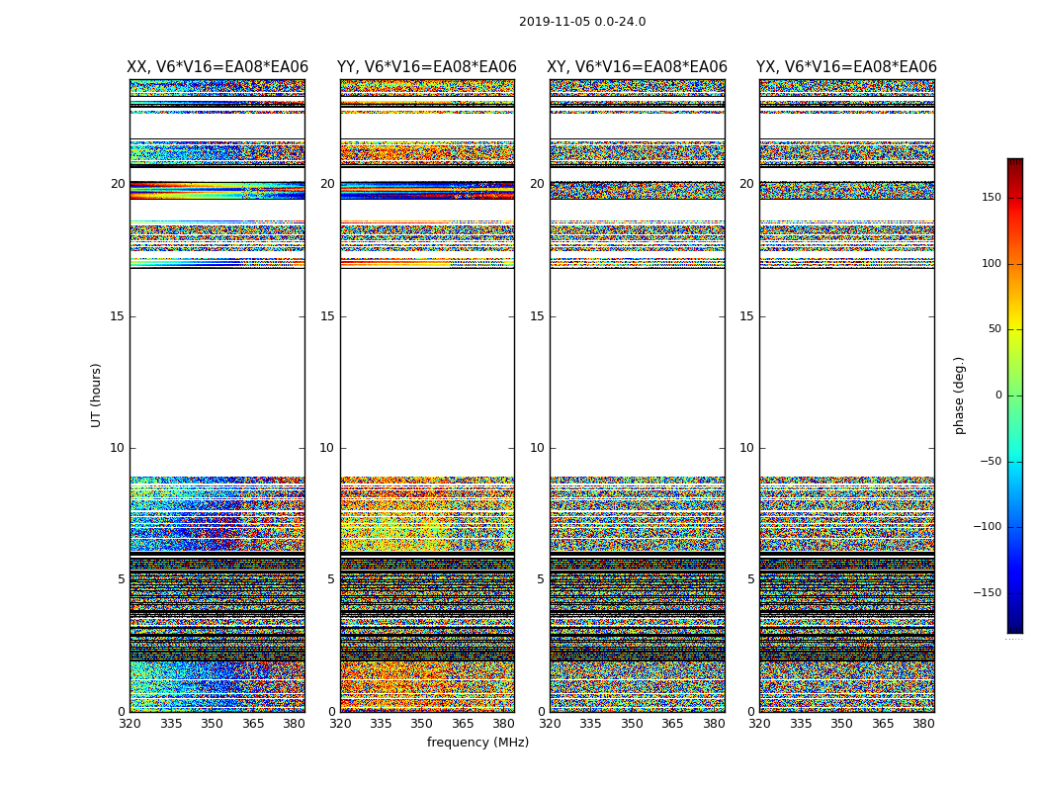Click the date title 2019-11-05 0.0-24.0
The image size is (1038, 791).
(582, 22)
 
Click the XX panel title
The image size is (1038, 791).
(216, 67)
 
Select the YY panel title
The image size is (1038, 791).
(426, 67)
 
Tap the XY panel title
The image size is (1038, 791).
(638, 67)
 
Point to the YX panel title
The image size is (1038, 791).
(846, 67)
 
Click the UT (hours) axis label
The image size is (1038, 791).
(96, 395)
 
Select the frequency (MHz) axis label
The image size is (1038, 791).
(477, 743)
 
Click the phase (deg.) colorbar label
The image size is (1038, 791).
(959, 395)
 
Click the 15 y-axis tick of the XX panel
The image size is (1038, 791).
(118, 315)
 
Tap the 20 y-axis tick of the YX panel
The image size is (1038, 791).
(747, 184)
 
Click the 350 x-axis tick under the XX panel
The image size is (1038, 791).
(213, 724)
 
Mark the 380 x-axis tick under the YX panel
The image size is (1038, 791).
(923, 724)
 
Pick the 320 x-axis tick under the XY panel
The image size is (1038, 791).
(551, 724)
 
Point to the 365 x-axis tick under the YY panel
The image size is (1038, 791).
(464, 724)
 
